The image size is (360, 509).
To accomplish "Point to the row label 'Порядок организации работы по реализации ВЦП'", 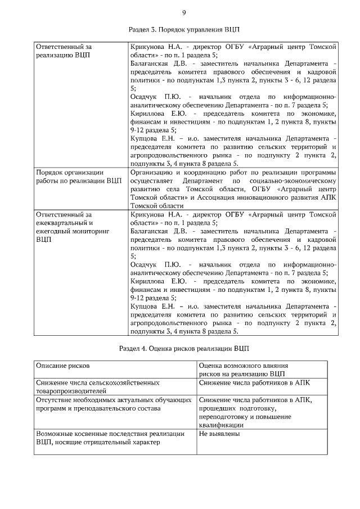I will point(78,177).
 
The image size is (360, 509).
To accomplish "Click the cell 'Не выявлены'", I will point(219,434).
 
